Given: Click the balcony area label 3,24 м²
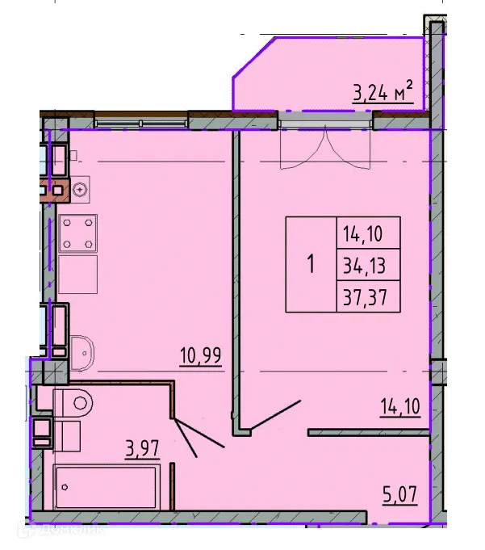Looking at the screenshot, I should tap(383, 93).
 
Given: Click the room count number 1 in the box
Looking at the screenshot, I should tap(311, 265).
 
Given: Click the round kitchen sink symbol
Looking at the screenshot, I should tap(80, 190).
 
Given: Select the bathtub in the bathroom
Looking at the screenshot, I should tap(110, 487).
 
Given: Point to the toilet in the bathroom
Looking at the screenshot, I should tap(75, 400).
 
